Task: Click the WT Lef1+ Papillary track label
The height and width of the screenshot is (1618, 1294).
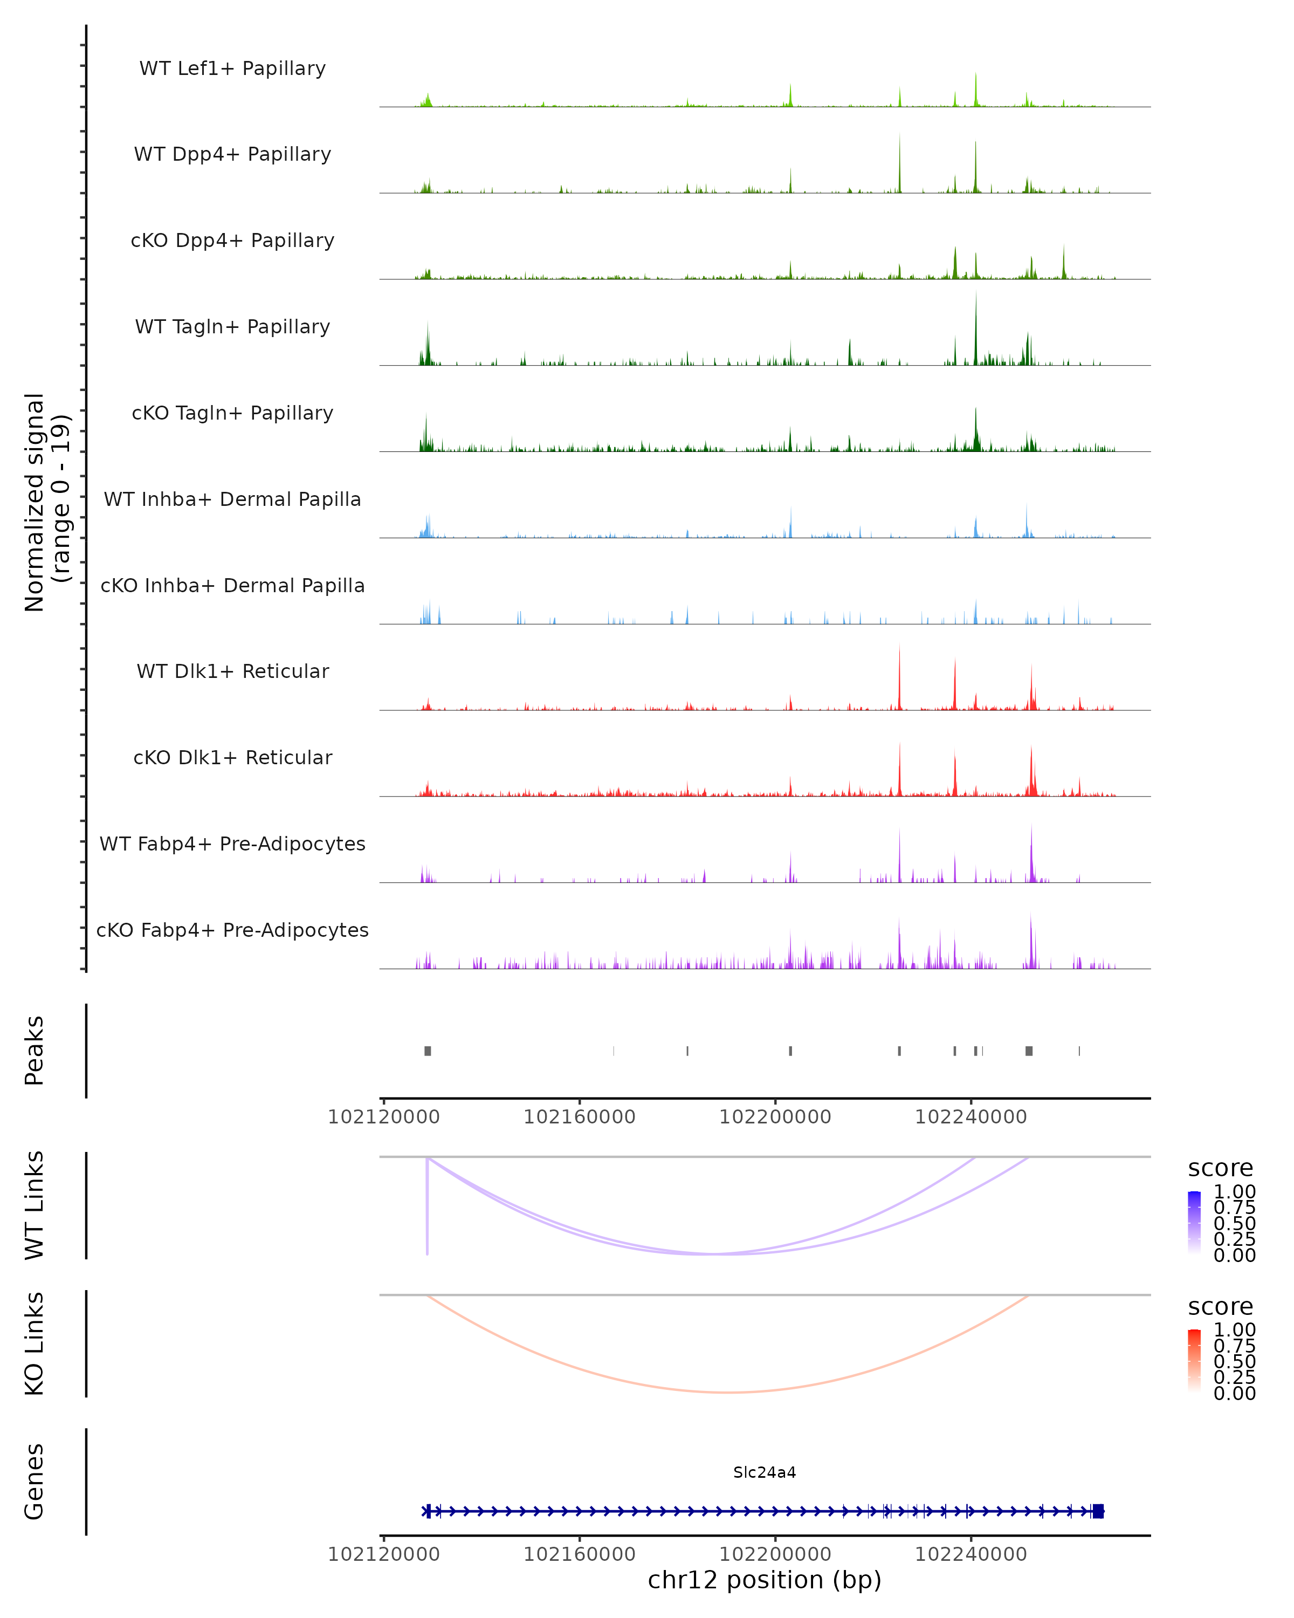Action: click(x=232, y=68)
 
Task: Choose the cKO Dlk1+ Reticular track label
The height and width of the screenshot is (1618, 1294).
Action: click(x=232, y=757)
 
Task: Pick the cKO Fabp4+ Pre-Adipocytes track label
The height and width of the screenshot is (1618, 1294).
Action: click(x=232, y=930)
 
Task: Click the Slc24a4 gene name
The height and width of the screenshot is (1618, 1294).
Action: click(x=765, y=1472)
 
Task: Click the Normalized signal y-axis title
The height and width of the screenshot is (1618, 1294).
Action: click(x=46, y=502)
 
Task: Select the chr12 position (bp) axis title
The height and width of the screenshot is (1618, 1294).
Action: click(x=765, y=1580)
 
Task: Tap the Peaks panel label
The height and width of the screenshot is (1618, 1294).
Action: click(x=35, y=1051)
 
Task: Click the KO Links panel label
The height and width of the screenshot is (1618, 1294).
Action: click(x=35, y=1343)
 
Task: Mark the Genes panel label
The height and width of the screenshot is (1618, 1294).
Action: click(x=35, y=1482)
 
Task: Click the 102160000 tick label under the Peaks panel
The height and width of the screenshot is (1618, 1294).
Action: click(x=579, y=1117)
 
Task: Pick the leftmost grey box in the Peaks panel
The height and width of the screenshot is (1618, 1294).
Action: click(x=428, y=1051)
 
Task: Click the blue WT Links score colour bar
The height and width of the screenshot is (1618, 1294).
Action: click(x=1194, y=1223)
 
